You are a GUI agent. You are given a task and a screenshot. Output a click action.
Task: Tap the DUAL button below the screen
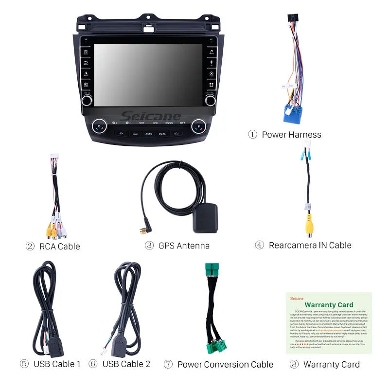[x=162, y=133]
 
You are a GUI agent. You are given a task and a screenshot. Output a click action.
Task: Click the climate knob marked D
[x=100, y=126]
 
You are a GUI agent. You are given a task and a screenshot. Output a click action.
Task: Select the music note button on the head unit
[x=212, y=51]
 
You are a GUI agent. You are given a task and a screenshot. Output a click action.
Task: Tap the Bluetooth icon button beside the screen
[x=212, y=62]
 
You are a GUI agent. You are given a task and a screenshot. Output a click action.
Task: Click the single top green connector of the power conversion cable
[x=212, y=270]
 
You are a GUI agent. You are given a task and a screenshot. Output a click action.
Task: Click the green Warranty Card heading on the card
[x=329, y=305]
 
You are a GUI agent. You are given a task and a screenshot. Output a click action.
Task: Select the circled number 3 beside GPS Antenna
[x=149, y=246]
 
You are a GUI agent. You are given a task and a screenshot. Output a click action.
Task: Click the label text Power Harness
[x=291, y=135]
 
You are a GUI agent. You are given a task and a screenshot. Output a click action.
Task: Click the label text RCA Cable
[x=59, y=247]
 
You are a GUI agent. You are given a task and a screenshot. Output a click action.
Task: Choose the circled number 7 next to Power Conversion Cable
[x=168, y=364]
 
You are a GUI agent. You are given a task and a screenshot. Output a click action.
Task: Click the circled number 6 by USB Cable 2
[x=93, y=364]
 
